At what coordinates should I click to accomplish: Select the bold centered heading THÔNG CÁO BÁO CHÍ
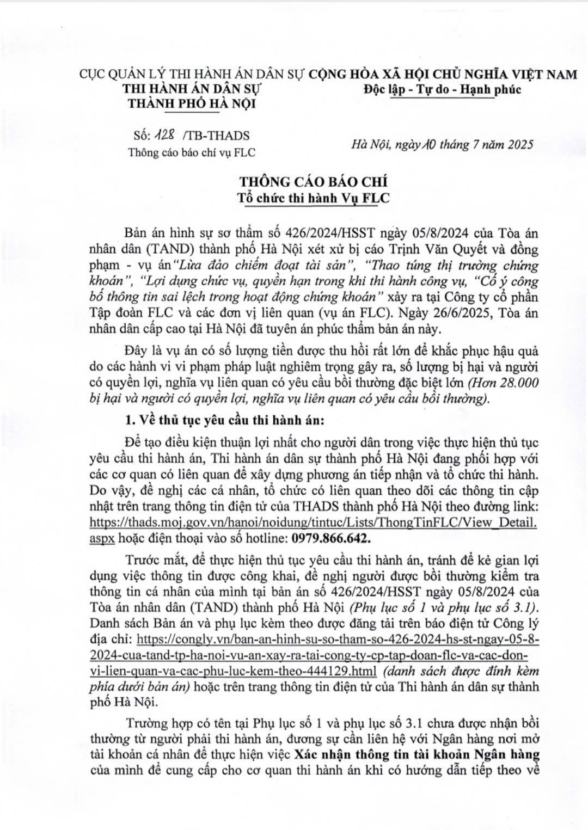[314, 181]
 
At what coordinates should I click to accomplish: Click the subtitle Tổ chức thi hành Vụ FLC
[314, 198]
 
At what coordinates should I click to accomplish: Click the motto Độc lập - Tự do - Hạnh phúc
[442, 89]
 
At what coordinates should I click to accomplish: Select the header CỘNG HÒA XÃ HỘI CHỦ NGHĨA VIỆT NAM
[443, 74]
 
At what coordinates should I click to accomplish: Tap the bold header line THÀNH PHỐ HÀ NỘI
[191, 103]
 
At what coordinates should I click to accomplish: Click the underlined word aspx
[102, 538]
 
